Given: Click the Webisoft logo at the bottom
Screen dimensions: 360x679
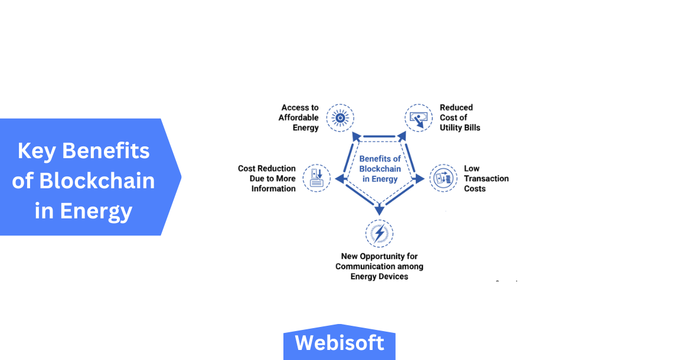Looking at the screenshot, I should [339, 343].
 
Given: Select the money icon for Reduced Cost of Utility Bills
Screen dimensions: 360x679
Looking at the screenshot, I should [419, 118].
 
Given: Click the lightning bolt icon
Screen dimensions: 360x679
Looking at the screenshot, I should [379, 233].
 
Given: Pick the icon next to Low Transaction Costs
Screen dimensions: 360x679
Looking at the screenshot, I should [443, 178].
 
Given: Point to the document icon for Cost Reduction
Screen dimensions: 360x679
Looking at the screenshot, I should [316, 178].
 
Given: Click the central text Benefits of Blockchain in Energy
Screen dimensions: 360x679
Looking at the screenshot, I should [380, 169].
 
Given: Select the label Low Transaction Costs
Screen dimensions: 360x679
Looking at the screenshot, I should [485, 178].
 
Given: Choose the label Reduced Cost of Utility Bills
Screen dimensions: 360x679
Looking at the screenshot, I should [459, 117].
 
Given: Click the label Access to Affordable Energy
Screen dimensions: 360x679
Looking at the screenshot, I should [299, 117].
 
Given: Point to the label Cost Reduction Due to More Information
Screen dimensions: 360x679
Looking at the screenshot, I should [267, 178].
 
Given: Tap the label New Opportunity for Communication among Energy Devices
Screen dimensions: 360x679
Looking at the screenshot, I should [379, 266].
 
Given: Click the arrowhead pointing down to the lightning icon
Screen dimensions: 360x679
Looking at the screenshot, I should [379, 208].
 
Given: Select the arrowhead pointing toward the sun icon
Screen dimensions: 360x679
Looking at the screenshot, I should [357, 136].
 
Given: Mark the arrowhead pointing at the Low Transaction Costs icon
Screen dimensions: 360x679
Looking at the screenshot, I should [419, 178].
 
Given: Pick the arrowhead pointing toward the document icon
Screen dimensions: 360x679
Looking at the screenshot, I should [340, 178].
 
